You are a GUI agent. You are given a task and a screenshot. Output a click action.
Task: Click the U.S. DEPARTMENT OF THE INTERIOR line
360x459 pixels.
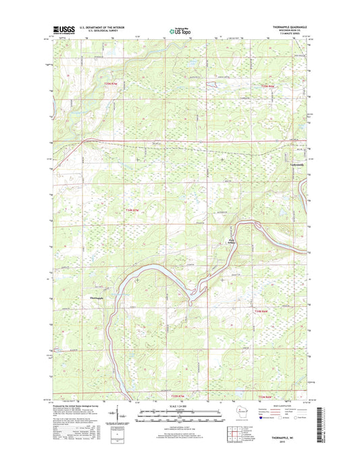[101, 27]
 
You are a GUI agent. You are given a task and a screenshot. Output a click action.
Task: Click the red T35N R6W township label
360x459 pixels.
[269, 87]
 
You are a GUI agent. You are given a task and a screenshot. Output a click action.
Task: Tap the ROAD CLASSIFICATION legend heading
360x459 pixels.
[279, 406]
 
